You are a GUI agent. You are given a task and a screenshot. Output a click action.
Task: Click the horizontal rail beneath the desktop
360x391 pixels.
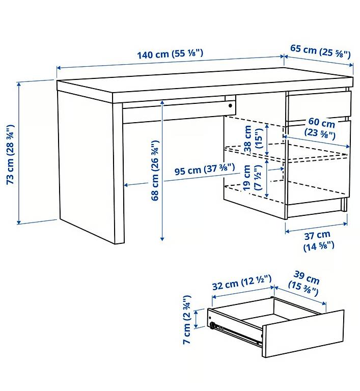[x=173, y=113]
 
